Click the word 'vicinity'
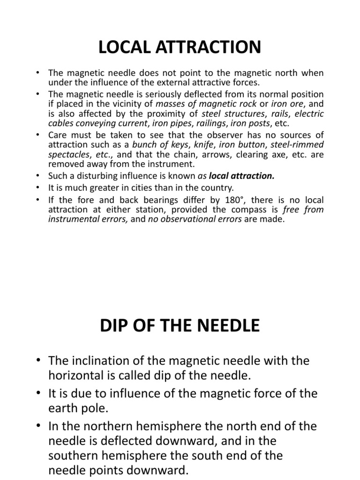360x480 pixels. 133,104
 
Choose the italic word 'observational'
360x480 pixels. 186,219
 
